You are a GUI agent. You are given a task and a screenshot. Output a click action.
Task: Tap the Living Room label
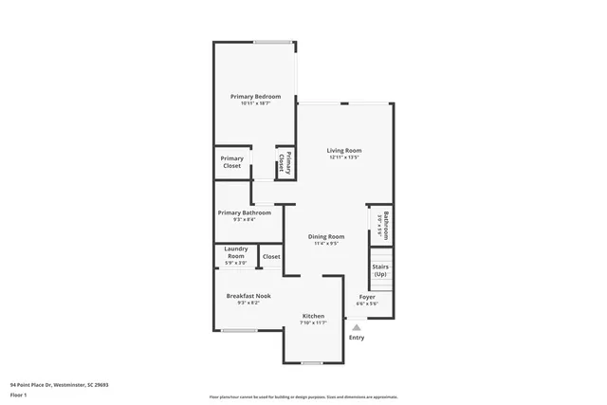(x=344, y=151)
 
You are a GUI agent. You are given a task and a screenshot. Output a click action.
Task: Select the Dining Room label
(x=327, y=236)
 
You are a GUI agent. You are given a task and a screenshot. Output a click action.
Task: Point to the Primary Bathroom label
(x=244, y=212)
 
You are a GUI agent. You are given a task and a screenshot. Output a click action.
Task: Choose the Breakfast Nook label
(x=248, y=296)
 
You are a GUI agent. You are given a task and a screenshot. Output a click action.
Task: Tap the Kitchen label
(x=313, y=316)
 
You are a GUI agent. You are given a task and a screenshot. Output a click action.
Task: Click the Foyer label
(x=367, y=297)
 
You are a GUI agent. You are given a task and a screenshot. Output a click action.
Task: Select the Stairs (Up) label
(x=380, y=270)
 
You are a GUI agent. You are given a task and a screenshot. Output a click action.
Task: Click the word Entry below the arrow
(x=357, y=338)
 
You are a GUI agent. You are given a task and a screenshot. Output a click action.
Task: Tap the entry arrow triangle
(x=357, y=327)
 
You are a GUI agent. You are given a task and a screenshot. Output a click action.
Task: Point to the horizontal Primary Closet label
(x=232, y=162)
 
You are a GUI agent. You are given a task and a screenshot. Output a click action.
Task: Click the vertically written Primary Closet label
(x=285, y=162)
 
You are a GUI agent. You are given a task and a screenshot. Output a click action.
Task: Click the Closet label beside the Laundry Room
(x=271, y=256)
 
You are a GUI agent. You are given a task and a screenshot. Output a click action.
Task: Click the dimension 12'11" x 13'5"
(x=344, y=157)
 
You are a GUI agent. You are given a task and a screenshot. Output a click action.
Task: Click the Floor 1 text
(x=19, y=393)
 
